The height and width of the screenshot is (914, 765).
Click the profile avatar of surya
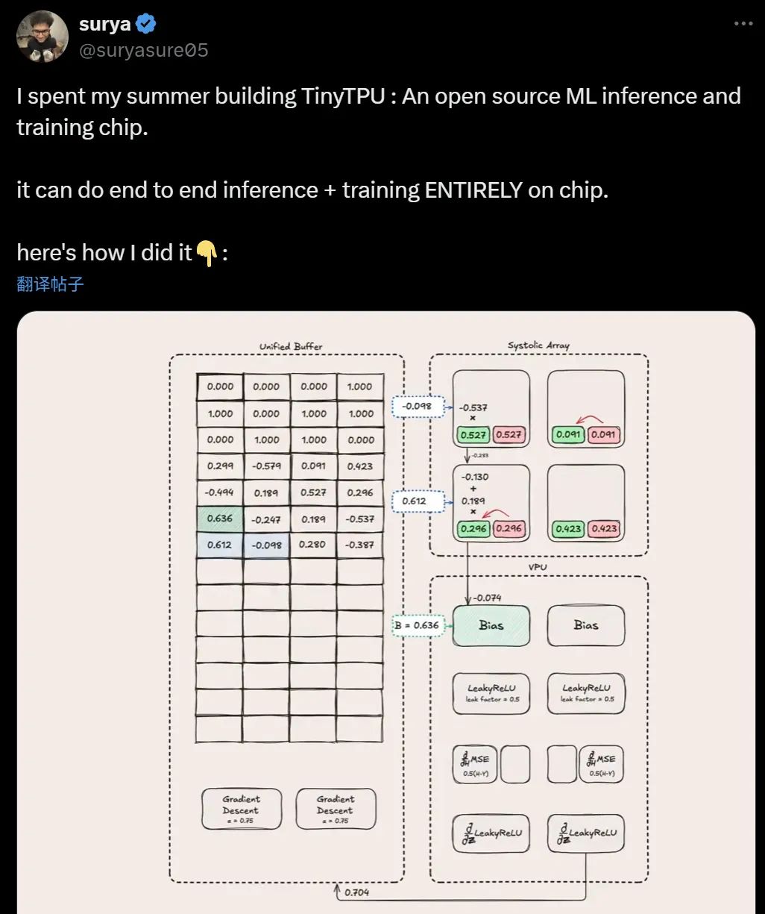coord(42,37)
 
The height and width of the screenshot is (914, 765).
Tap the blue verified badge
coord(146,24)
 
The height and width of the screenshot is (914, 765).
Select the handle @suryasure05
coord(143,51)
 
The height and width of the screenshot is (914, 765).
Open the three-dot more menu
coord(743,24)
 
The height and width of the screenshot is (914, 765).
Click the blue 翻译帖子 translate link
coord(50,284)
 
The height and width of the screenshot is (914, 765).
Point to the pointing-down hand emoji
coord(207,254)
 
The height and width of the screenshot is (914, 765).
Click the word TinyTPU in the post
coord(343,96)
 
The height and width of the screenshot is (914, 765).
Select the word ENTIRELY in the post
coord(473,190)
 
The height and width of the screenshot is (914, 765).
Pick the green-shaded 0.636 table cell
coord(219,519)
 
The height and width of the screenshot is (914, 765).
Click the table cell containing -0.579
coord(266,466)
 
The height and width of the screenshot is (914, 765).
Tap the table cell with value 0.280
coord(313,545)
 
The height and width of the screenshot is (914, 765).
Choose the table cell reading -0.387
coord(360,545)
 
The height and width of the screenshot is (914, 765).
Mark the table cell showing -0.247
coord(266,519)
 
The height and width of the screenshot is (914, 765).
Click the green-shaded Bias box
coord(491,625)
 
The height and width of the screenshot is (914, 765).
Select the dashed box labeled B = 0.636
coord(418,625)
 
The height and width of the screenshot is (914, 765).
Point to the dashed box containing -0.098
coord(417,407)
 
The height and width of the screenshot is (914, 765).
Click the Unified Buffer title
coord(291,346)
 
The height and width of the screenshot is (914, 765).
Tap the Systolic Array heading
coord(538,345)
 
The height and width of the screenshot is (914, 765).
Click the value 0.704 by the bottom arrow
coord(356,892)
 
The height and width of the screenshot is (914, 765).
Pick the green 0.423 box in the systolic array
coord(568,529)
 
